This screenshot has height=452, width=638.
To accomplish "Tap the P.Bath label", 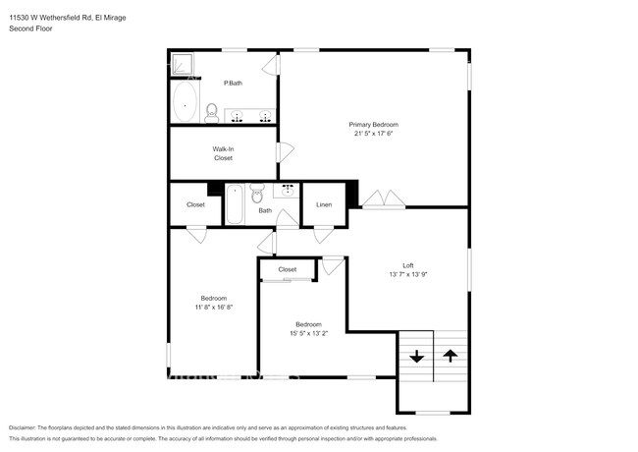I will (x=234, y=83).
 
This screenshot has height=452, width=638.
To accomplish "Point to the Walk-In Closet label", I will (x=223, y=153).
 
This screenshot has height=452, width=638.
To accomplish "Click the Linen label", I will (x=324, y=205).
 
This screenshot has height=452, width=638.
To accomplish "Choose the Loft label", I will (x=407, y=264).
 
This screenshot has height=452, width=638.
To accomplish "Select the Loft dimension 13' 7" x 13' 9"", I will (x=407, y=274).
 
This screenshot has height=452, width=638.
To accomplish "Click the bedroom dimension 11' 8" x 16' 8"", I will (x=214, y=307).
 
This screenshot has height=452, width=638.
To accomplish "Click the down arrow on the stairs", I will (x=416, y=357).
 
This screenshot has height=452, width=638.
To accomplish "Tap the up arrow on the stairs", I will (x=451, y=357).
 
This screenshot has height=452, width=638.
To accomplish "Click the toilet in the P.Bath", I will (x=211, y=113).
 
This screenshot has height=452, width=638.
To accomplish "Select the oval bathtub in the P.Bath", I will (x=185, y=100).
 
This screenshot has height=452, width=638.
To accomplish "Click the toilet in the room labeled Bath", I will (x=257, y=191).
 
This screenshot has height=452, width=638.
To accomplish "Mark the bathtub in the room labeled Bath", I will (x=236, y=205).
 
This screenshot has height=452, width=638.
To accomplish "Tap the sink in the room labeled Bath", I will (x=289, y=190).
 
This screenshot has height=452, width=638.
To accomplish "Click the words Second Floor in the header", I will (x=30, y=28).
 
